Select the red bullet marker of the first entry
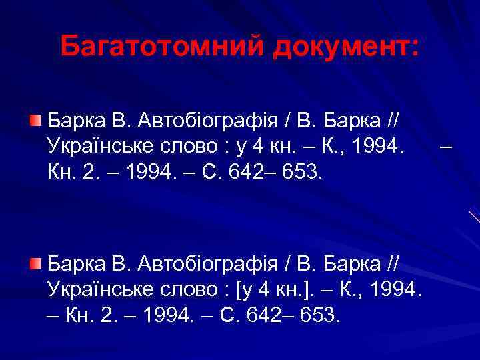click(35, 121)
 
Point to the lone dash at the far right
click(447, 145)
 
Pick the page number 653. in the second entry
click(320, 313)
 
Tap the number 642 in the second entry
click(264, 313)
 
